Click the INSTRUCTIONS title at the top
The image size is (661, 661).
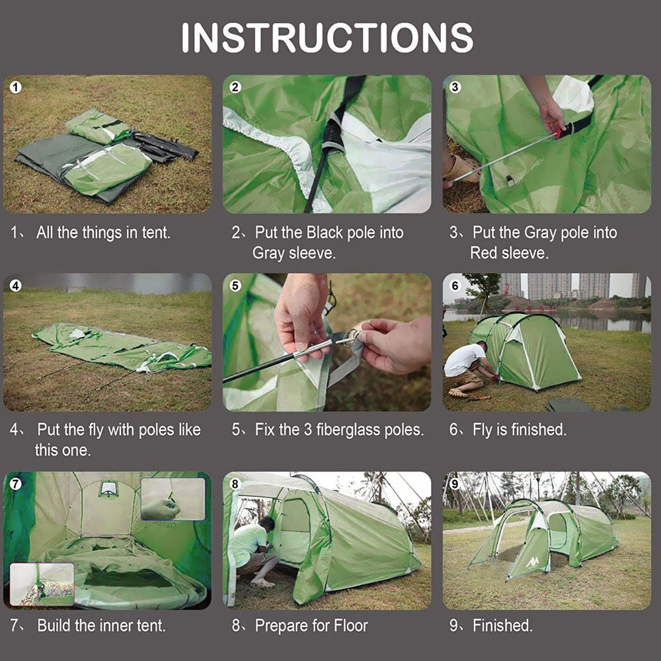(x=327, y=38)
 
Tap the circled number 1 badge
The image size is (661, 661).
(x=17, y=87)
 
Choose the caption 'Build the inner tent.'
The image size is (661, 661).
(x=101, y=625)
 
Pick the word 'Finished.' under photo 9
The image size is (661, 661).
(x=502, y=625)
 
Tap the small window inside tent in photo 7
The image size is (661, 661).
(x=108, y=489)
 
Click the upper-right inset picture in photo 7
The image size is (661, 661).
(x=173, y=499)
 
